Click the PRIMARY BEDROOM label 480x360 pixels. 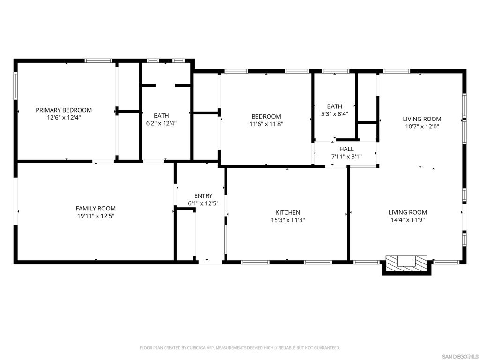click(x=64, y=110)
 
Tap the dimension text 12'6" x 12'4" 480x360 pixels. click(x=64, y=118)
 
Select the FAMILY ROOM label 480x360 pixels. click(x=96, y=209)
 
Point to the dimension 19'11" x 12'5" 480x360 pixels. click(x=96, y=216)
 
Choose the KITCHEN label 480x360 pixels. click(x=287, y=212)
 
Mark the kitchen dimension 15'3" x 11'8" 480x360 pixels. click(x=287, y=220)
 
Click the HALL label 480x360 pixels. click(x=346, y=149)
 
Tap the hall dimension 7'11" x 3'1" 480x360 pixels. click(x=346, y=157)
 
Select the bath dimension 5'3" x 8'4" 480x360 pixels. click(x=335, y=113)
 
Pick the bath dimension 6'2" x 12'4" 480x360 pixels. click(x=161, y=123)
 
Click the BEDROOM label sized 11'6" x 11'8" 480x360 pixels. click(x=266, y=117)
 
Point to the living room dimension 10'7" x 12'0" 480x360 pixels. click(x=422, y=127)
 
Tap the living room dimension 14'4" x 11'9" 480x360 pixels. click(x=407, y=220)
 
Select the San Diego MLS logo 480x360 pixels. click(x=460, y=356)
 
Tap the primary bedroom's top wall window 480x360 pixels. click(x=98, y=60)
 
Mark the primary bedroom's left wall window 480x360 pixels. click(x=15, y=86)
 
